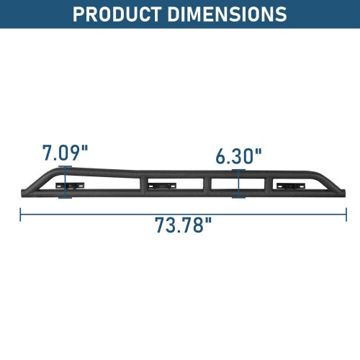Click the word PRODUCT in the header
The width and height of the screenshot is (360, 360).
(x=117, y=14)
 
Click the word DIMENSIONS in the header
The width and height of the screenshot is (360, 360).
(x=227, y=14)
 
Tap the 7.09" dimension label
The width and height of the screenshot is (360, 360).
(x=66, y=153)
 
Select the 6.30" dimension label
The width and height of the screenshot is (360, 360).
(x=238, y=156)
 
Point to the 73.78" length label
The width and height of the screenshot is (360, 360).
(x=184, y=225)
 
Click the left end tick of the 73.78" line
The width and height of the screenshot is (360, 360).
(x=20, y=215)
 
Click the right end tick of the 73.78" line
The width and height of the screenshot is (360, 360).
(x=346, y=215)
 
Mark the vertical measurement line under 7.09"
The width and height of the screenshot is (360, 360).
(x=65, y=182)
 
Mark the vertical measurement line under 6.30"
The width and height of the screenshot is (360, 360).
(x=238, y=184)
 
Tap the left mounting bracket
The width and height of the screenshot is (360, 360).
(x=70, y=186)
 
